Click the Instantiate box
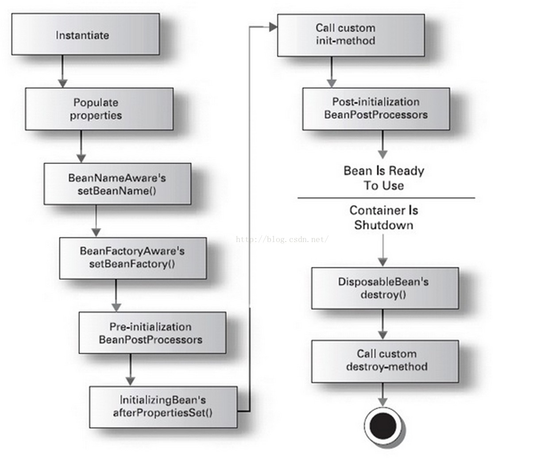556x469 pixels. (x=85, y=35)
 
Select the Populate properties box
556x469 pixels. (x=99, y=109)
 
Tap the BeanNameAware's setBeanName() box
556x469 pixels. (x=117, y=184)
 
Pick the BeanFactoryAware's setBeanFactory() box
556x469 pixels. (x=133, y=258)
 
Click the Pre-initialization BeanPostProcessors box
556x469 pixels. (x=152, y=333)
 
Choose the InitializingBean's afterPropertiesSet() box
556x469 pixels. (x=163, y=407)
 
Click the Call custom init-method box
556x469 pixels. (x=351, y=35)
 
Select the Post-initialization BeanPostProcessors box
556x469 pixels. (x=376, y=109)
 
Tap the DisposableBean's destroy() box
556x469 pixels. (x=385, y=288)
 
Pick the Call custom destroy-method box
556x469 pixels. (x=385, y=361)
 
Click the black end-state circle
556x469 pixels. (x=383, y=426)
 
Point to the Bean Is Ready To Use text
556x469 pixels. (x=384, y=178)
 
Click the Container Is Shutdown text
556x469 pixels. (x=384, y=218)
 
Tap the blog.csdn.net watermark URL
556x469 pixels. (x=282, y=239)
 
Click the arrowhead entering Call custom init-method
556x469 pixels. (x=273, y=27)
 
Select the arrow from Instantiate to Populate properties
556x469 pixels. (x=62, y=71)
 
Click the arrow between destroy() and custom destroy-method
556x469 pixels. (x=382, y=324)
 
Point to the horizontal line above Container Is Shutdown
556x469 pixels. (x=386, y=198)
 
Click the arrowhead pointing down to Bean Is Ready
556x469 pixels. (x=382, y=154)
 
